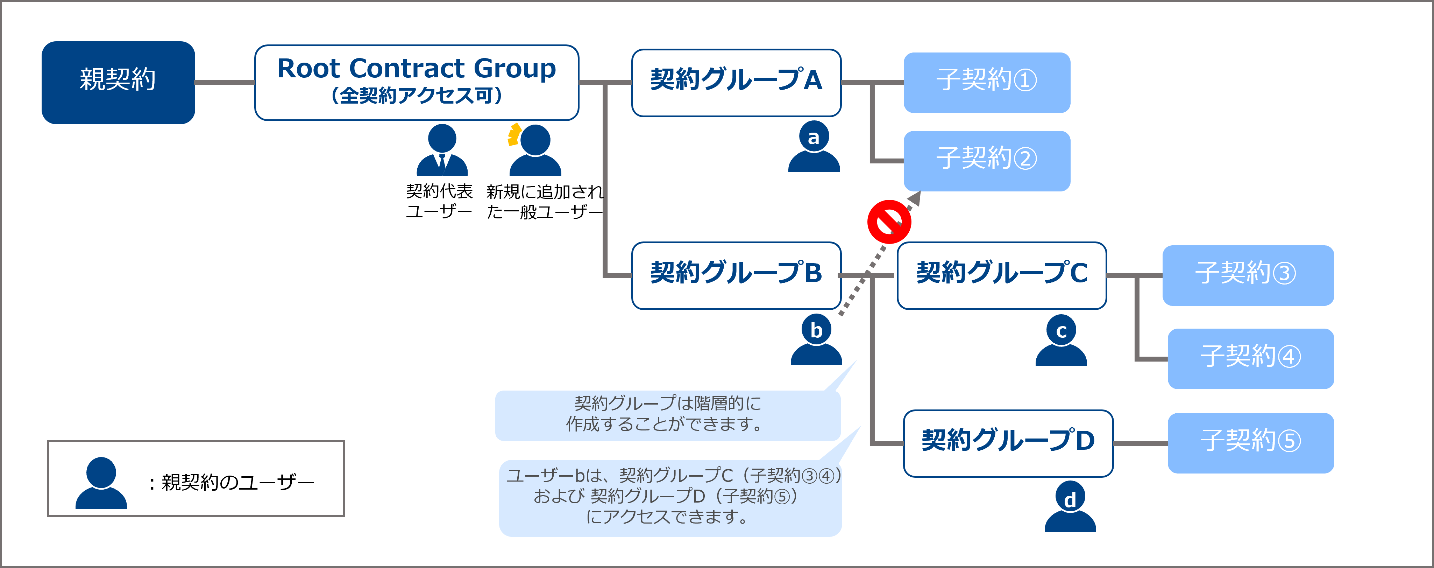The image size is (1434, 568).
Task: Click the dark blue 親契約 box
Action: pyautogui.click(x=118, y=82)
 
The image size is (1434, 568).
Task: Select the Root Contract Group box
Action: pyautogui.click(x=417, y=82)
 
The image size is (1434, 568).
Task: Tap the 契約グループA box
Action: pyautogui.click(x=736, y=82)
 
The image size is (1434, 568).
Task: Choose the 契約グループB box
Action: pyautogui.click(x=736, y=275)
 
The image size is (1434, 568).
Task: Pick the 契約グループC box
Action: pyautogui.click(x=1001, y=275)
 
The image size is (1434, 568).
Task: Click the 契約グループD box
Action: pyautogui.click(x=1008, y=443)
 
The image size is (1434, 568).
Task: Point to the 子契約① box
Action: pyautogui.click(x=986, y=82)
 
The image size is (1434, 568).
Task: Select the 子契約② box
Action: pyautogui.click(x=986, y=161)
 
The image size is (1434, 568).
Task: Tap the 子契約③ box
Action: pyautogui.click(x=1248, y=275)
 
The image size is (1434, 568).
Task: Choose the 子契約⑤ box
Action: pyautogui.click(x=1251, y=443)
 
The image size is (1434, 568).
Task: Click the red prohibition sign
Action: pyautogui.click(x=889, y=222)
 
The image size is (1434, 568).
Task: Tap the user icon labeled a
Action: pyautogui.click(x=814, y=146)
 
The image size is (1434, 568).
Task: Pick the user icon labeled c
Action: pyautogui.click(x=1061, y=340)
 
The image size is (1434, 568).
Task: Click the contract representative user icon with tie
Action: pyautogui.click(x=442, y=150)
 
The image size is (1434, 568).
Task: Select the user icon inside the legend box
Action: pyautogui.click(x=101, y=483)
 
